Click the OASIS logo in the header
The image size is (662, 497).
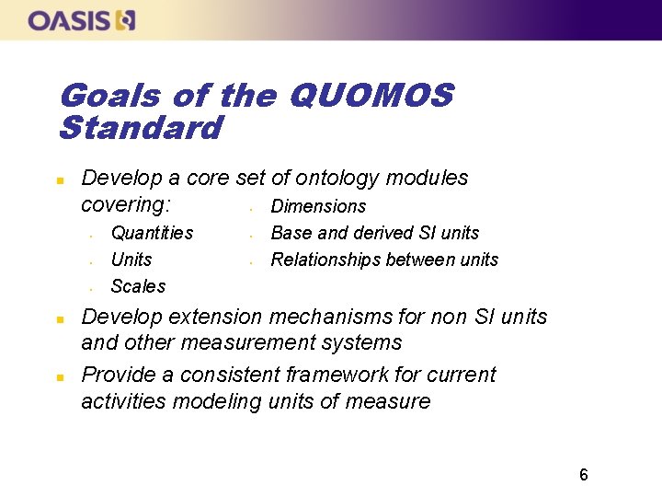82,19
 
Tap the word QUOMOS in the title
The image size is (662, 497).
371,95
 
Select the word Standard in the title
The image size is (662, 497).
140,128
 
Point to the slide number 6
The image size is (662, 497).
583,475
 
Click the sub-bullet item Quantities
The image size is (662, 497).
152,233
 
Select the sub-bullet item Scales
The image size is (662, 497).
138,286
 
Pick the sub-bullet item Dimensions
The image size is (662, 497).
318,206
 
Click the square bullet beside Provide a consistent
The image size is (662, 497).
59,376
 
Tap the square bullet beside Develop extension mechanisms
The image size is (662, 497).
59,318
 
